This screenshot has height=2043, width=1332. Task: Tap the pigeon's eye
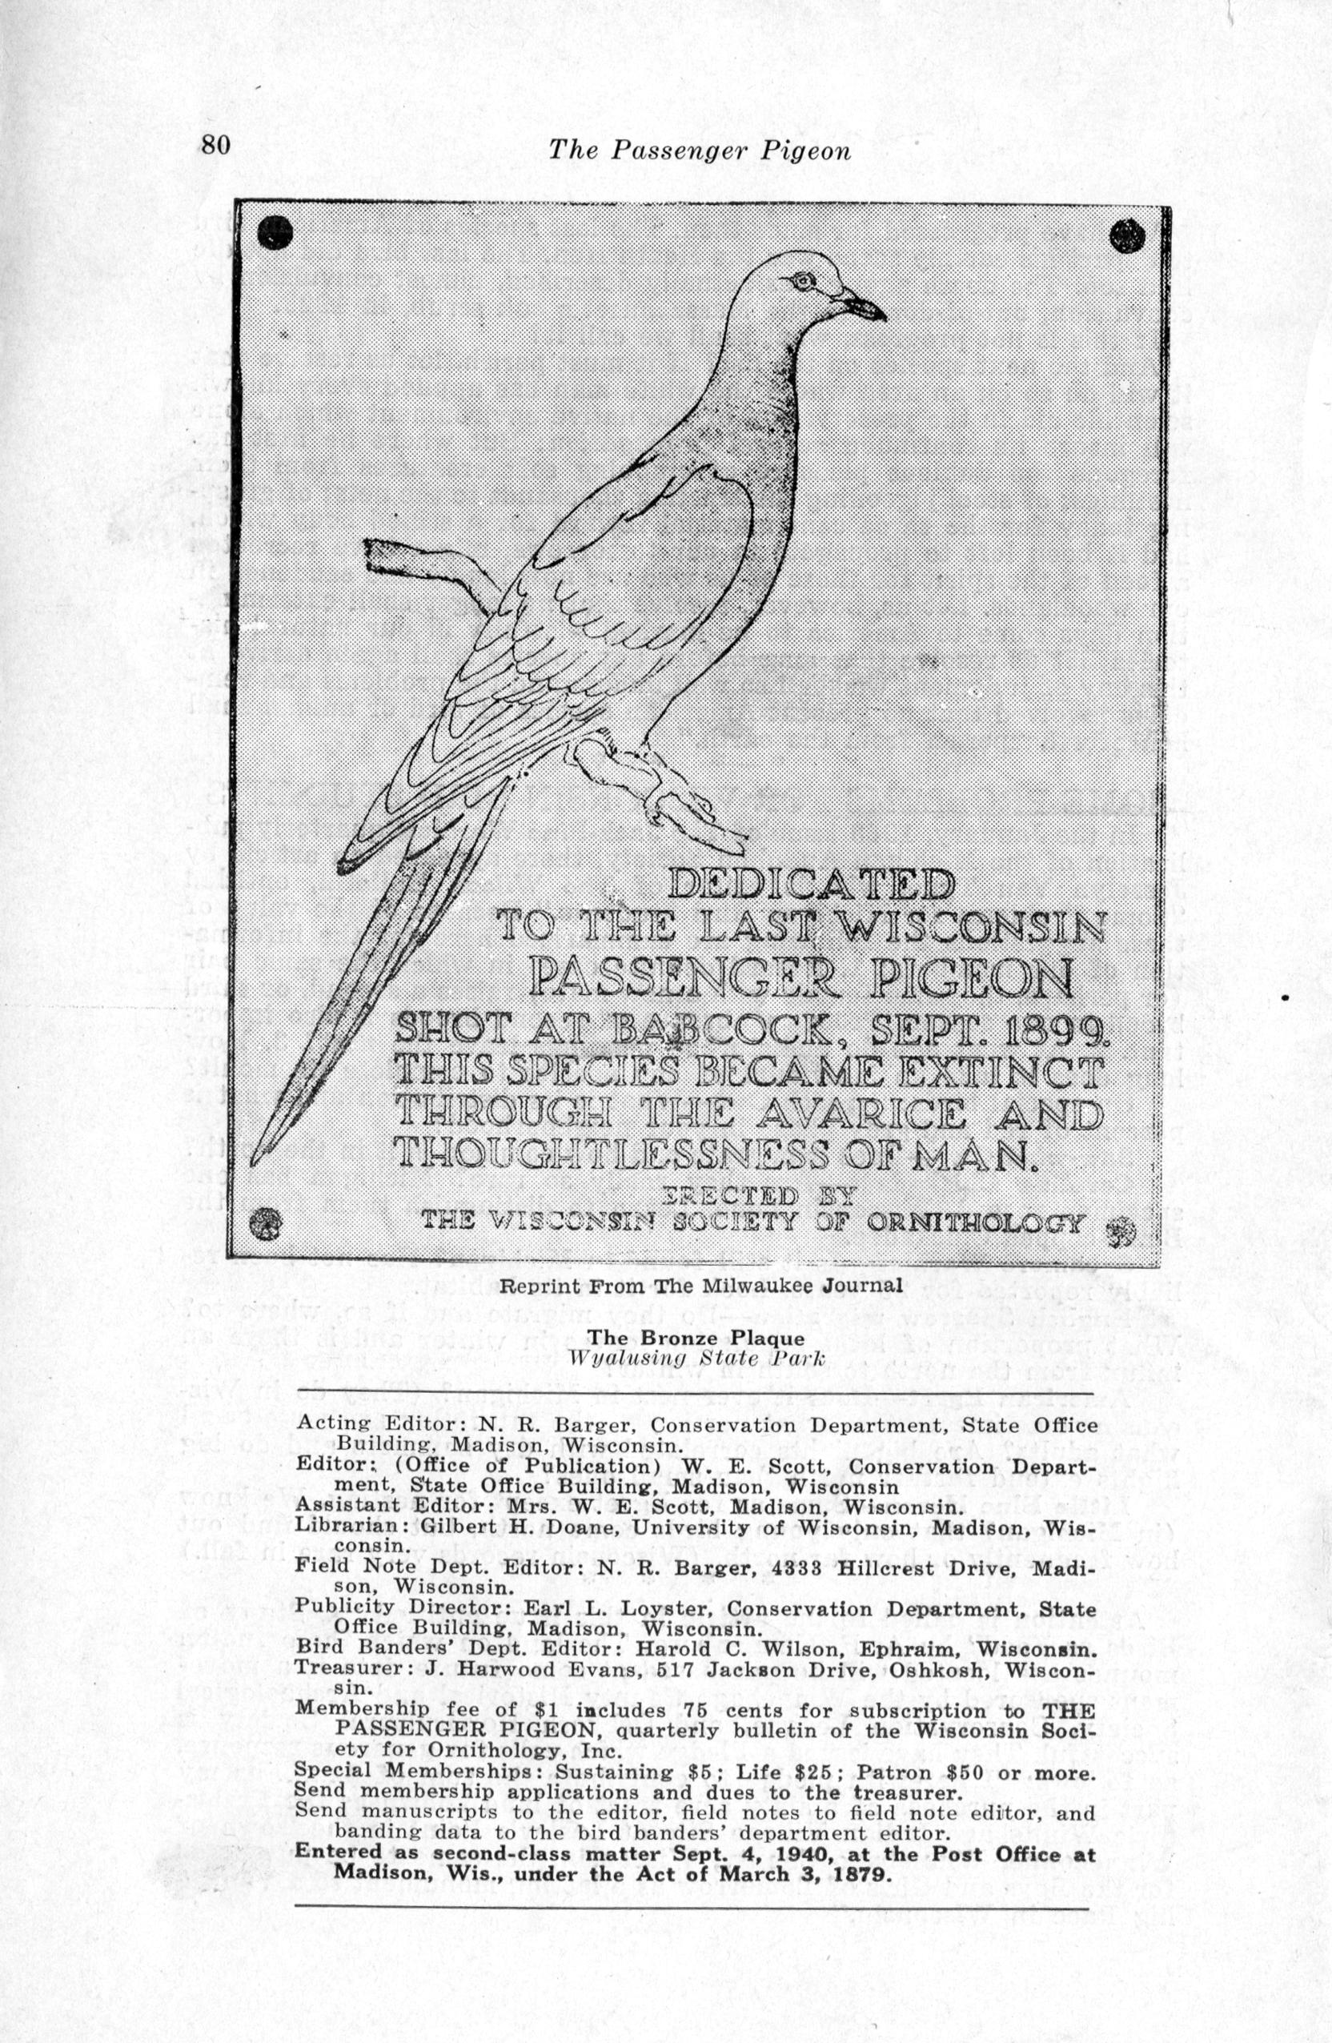[x=802, y=281]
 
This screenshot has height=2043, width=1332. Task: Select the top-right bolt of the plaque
[x=1127, y=235]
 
